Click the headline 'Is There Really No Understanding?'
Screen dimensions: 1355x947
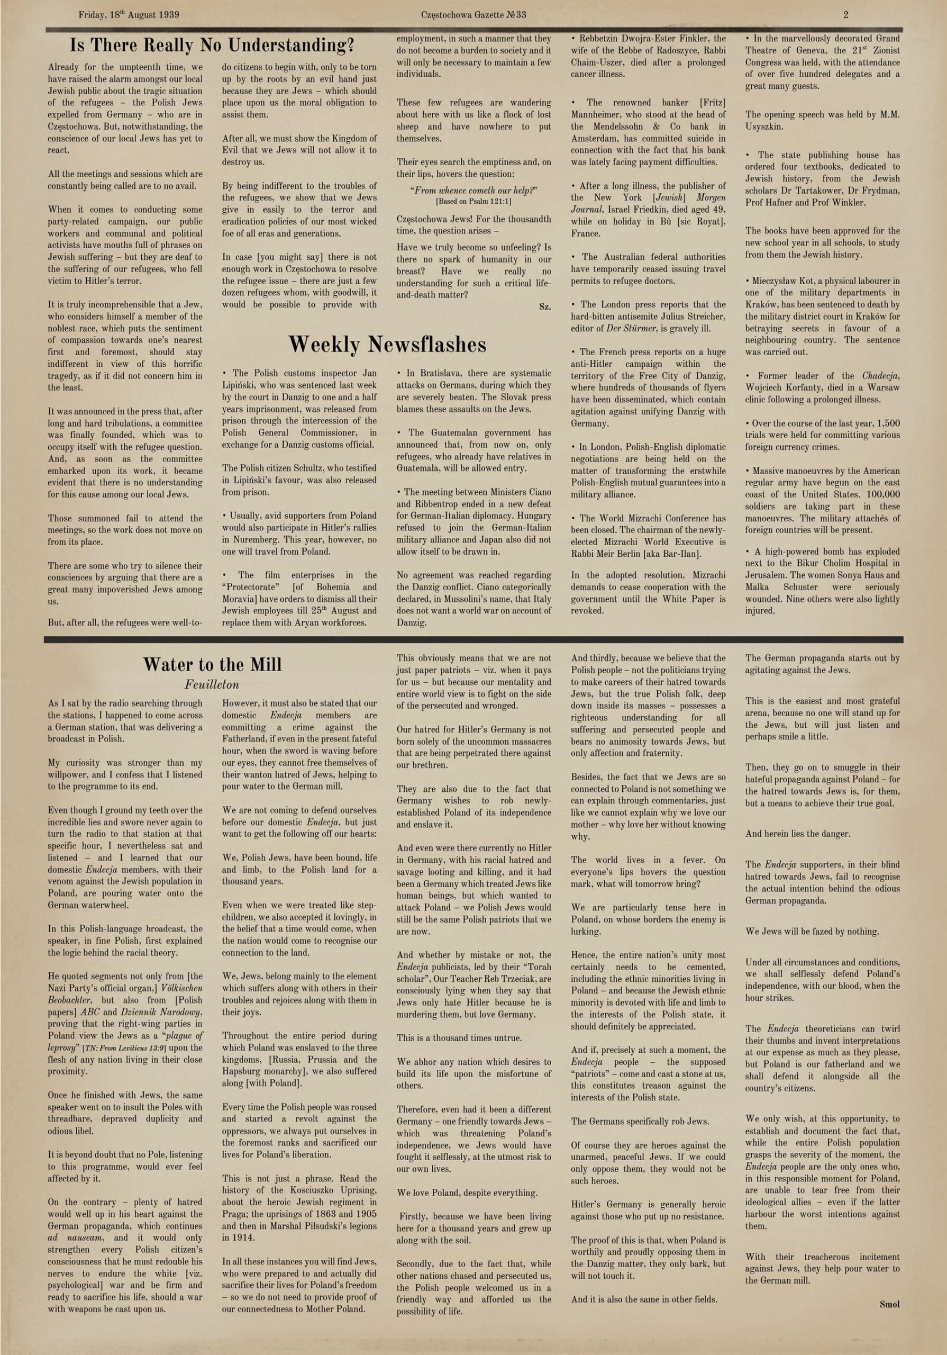pos(212,46)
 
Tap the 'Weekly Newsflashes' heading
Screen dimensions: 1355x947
pos(387,345)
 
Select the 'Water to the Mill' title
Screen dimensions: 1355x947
pos(212,665)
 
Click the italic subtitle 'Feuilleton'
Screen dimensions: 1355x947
pos(212,684)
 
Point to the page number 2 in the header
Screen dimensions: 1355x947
pos(845,15)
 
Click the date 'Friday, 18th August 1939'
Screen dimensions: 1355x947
pos(129,15)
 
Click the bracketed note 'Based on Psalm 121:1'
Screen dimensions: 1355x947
pos(474,202)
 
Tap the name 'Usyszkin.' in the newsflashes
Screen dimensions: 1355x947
pos(765,127)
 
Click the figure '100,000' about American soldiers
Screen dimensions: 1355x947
pos(884,494)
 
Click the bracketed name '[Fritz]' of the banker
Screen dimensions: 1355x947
pos(712,103)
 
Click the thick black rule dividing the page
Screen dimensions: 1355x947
pos(473,639)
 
